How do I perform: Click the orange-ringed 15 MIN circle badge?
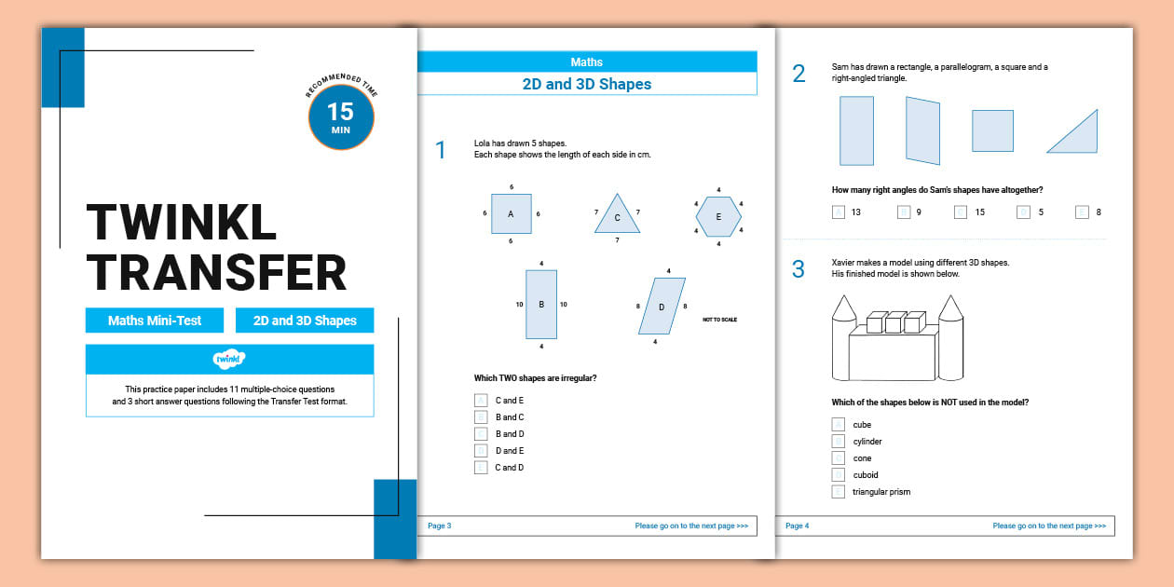[340, 117]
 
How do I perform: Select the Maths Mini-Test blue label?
[155, 321]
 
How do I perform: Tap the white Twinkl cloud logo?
[229, 359]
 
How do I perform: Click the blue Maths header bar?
[586, 62]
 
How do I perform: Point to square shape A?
[511, 213]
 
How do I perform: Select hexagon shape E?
[718, 216]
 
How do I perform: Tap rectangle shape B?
[541, 304]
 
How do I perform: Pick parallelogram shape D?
[662, 306]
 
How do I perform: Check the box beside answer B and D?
[481, 434]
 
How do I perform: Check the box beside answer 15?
[961, 212]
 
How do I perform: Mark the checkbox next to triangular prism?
[839, 492]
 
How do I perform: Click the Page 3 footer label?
[439, 526]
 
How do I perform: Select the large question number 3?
[799, 269]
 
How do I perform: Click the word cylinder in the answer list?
[867, 442]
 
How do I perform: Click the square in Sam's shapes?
[992, 130]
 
